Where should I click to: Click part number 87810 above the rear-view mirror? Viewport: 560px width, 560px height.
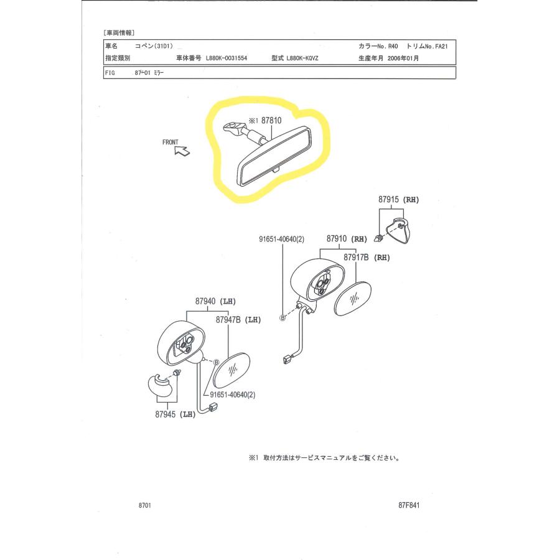[x=271, y=120]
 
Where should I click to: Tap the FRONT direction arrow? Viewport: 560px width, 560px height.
[x=182, y=151]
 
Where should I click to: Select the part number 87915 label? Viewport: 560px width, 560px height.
[x=388, y=199]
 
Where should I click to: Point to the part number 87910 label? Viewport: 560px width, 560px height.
[x=337, y=238]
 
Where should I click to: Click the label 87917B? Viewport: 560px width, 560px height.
[x=356, y=257]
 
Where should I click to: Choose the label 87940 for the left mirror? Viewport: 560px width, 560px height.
[x=205, y=301]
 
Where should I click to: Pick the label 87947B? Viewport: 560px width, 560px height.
[x=228, y=320]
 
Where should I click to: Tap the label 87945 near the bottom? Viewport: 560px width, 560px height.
[x=166, y=414]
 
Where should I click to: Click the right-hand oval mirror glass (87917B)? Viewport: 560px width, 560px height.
[x=353, y=299]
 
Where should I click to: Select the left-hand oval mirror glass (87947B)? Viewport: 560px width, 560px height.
[x=231, y=370]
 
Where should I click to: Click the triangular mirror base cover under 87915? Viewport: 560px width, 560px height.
[x=399, y=230]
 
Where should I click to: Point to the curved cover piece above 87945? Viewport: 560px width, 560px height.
[x=161, y=386]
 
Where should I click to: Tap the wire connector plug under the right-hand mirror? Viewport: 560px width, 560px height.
[x=287, y=359]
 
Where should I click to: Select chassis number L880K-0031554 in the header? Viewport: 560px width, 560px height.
[x=226, y=58]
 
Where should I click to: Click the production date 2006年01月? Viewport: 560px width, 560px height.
[x=403, y=58]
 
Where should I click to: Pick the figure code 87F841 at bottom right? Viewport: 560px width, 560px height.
[x=409, y=505]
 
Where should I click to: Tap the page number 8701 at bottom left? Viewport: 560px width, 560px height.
[x=144, y=505]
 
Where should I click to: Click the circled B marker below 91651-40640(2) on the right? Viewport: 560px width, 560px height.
[x=282, y=317]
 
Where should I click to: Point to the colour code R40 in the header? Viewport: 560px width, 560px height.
[x=393, y=47]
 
